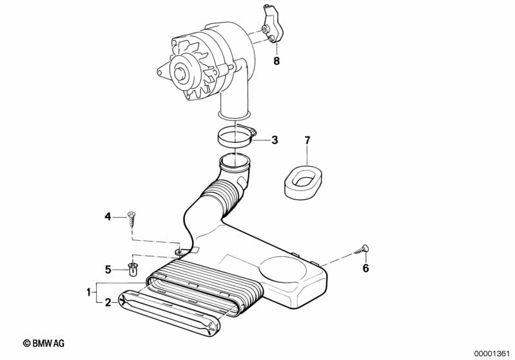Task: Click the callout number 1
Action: [88, 292]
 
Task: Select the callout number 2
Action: [108, 301]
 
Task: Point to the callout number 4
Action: [108, 216]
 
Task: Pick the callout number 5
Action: [108, 269]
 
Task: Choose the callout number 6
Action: [365, 268]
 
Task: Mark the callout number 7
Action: [307, 140]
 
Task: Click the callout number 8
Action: [277, 61]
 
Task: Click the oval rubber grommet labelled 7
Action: [302, 178]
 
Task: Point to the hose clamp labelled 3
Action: [235, 137]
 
